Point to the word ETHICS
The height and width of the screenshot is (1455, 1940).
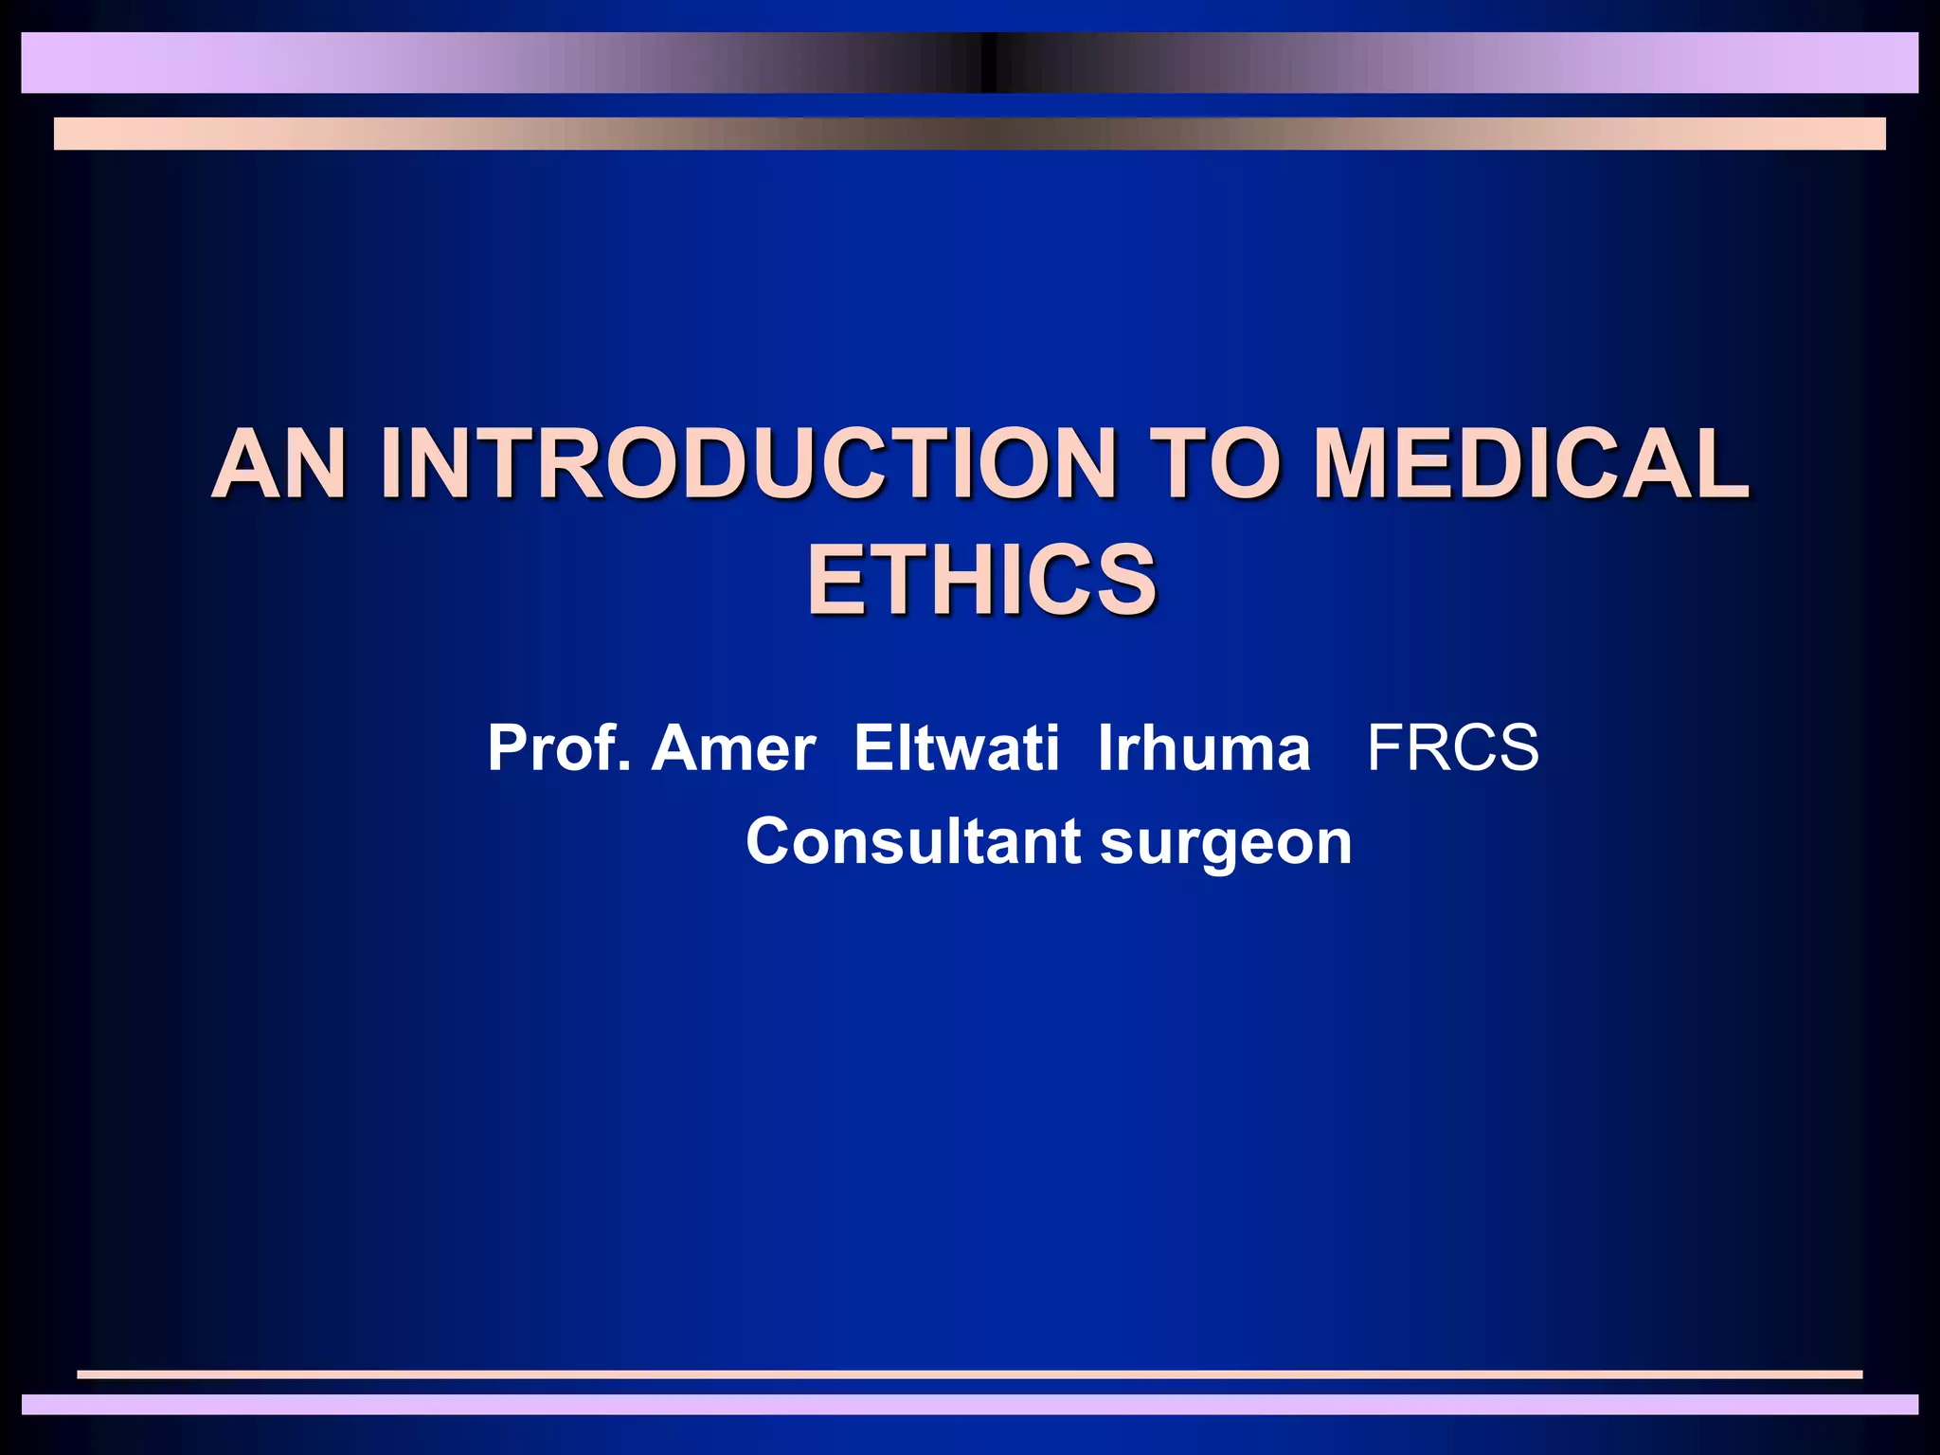[981, 580]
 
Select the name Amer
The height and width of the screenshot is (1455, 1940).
[733, 748]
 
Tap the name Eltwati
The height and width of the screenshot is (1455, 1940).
[956, 748]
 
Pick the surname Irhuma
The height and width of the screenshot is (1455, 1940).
[1203, 748]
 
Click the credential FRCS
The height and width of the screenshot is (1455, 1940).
[1453, 748]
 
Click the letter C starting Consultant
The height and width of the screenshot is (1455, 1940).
[769, 841]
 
